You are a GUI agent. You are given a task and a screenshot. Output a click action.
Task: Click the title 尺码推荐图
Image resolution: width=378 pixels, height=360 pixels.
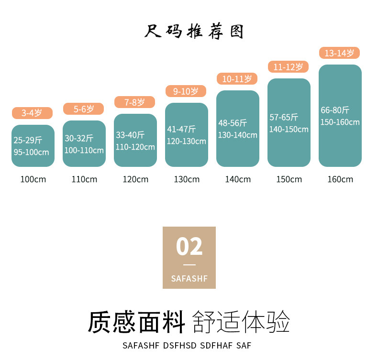[194, 32]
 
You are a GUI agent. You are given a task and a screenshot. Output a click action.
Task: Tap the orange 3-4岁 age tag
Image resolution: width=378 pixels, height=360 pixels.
[32, 113]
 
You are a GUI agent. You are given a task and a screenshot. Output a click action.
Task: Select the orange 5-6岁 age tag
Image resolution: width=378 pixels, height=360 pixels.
[83, 109]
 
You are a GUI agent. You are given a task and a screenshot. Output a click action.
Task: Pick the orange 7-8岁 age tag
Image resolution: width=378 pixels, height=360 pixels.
[134, 102]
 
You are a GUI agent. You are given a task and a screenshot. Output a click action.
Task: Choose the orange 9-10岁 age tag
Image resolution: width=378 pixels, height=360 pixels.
[186, 91]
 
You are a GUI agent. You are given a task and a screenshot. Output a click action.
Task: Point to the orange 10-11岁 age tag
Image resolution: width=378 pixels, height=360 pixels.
[237, 79]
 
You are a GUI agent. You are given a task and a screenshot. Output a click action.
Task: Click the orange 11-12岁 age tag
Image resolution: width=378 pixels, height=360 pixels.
[288, 67]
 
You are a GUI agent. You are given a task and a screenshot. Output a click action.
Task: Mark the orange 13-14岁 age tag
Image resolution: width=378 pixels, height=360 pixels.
[339, 53]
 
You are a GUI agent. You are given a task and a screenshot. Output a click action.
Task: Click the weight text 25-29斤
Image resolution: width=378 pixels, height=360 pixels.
[28, 141]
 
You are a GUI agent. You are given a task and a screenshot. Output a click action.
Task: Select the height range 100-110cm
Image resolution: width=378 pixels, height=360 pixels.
[84, 150]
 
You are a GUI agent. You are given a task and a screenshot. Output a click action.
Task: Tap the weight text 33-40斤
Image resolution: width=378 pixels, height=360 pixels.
[130, 135]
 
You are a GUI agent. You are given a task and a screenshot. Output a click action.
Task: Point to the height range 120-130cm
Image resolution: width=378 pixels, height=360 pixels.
[187, 141]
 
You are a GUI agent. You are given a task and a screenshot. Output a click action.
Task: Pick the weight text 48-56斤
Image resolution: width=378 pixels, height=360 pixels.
[233, 123]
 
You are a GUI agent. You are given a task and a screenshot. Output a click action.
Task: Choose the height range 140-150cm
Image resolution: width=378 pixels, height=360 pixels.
[289, 129]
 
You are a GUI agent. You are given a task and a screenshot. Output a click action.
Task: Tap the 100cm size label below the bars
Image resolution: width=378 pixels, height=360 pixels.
[33, 179]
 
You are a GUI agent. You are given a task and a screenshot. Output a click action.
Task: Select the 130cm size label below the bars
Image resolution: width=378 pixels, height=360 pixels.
[187, 179]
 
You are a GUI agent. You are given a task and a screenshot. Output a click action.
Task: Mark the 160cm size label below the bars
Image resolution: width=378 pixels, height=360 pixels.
[340, 179]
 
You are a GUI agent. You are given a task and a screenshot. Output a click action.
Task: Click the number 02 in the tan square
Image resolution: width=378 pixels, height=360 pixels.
[189, 247]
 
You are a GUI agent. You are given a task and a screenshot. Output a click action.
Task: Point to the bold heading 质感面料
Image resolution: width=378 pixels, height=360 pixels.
[136, 322]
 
